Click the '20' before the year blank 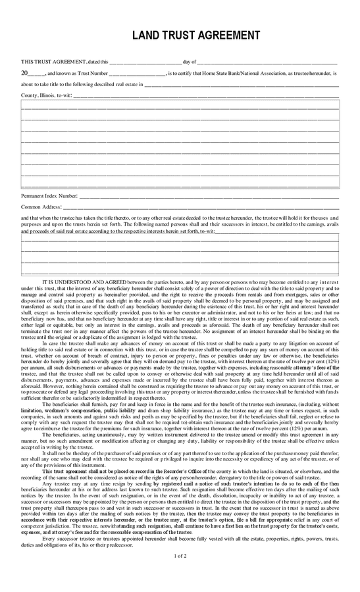[x=25, y=73]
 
